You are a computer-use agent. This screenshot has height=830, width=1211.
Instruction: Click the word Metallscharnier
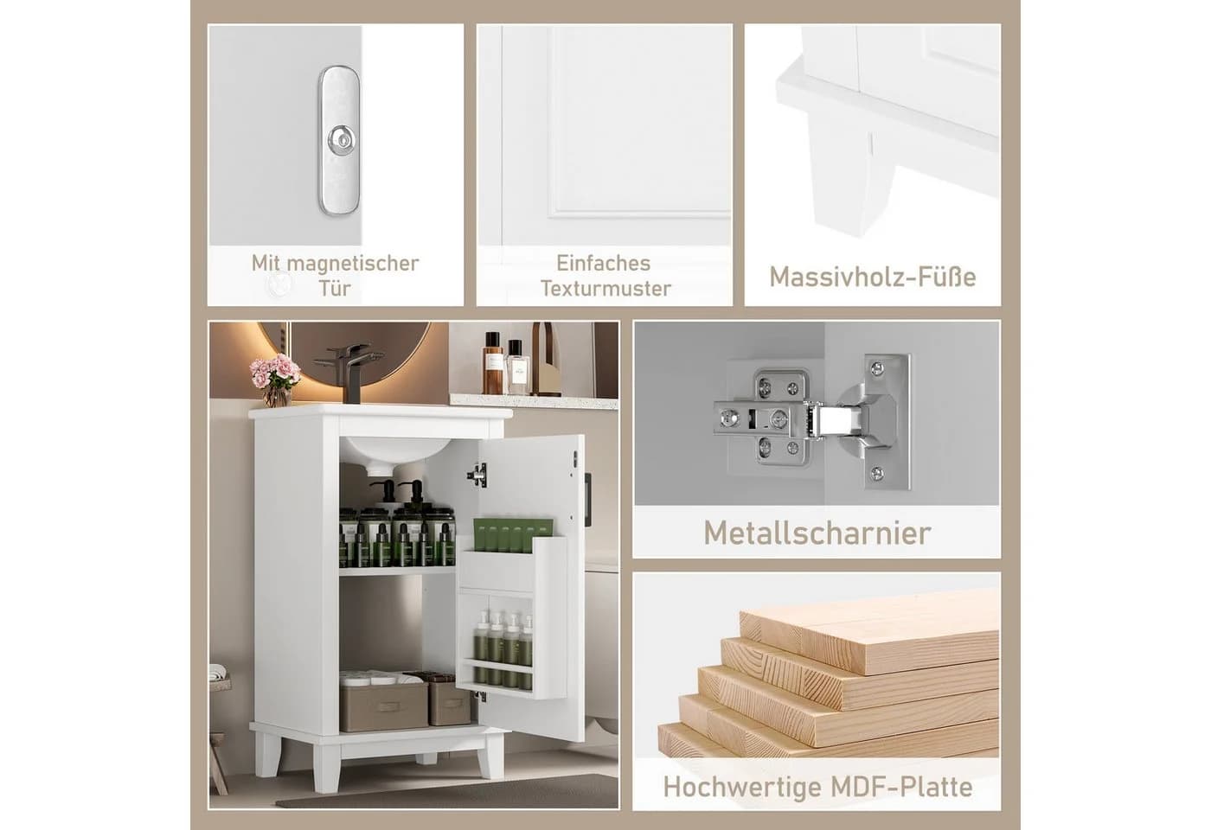817,533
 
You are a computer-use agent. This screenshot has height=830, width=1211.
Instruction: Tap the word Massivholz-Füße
873,277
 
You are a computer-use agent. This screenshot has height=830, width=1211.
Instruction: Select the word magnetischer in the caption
353,264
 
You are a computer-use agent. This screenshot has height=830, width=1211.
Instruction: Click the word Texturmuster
605,289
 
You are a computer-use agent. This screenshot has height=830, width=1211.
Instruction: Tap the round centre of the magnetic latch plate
340,139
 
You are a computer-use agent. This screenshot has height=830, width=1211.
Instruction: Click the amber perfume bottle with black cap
493,363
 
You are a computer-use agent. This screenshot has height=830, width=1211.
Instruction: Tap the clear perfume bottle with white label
517,368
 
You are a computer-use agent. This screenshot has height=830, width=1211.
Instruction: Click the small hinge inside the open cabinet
477,475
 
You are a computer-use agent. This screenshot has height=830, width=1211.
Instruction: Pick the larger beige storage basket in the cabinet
384,702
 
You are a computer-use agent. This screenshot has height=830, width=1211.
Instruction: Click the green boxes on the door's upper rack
513,534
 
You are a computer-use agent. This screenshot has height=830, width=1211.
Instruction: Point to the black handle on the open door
587,489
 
